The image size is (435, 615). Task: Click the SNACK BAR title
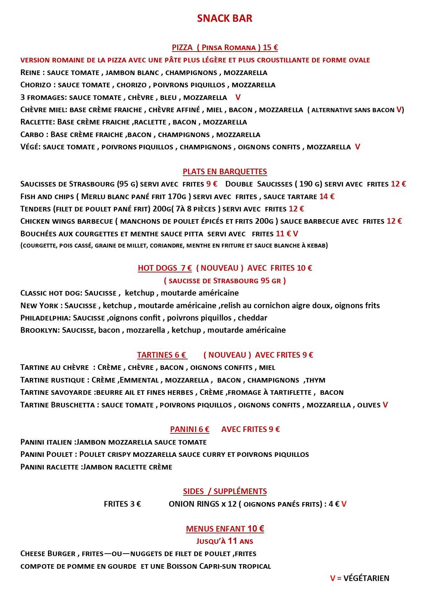225,18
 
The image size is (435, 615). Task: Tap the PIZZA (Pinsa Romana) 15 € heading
225,48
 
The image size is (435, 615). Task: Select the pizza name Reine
31,73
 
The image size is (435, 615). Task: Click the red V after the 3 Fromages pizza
238,97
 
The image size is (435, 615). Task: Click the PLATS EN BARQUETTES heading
225,172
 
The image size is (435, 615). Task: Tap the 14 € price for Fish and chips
327,197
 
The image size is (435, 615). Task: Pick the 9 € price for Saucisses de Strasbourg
212,184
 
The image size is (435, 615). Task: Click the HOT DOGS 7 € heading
165,268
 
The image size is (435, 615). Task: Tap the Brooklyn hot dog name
40,330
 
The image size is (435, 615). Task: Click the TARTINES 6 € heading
162,355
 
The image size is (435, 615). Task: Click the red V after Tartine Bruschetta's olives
385,405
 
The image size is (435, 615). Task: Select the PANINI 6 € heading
189,430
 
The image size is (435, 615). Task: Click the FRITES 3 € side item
122,504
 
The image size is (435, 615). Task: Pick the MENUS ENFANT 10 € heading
225,529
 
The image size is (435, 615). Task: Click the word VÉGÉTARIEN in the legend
366,579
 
